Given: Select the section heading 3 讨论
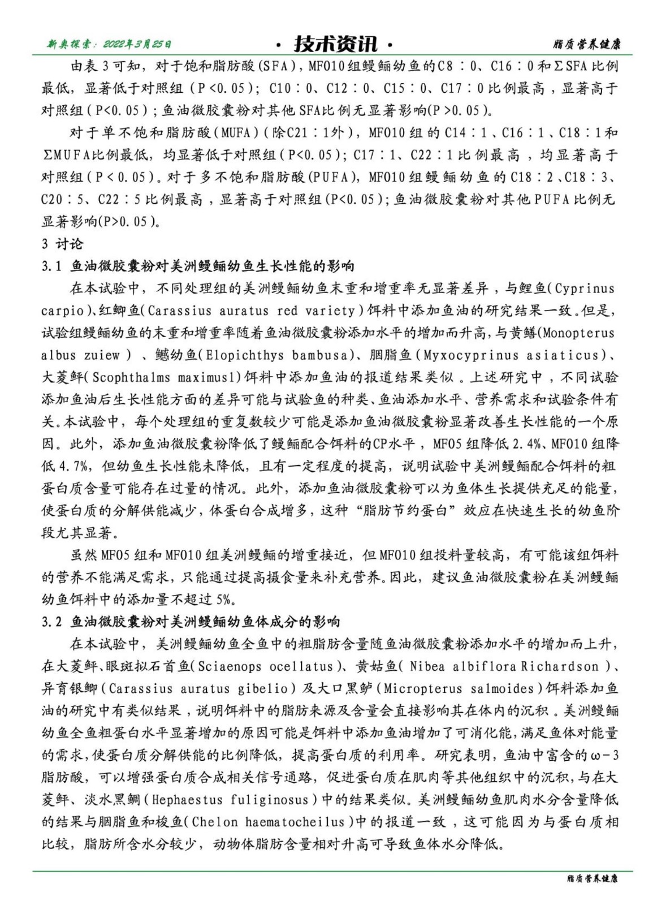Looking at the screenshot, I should click(62, 244).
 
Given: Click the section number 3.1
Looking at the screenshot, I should click(51, 266).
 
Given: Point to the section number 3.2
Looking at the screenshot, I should click(51, 621).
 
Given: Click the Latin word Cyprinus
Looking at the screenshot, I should click(584, 288).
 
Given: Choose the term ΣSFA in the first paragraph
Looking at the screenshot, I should click(570, 66).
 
